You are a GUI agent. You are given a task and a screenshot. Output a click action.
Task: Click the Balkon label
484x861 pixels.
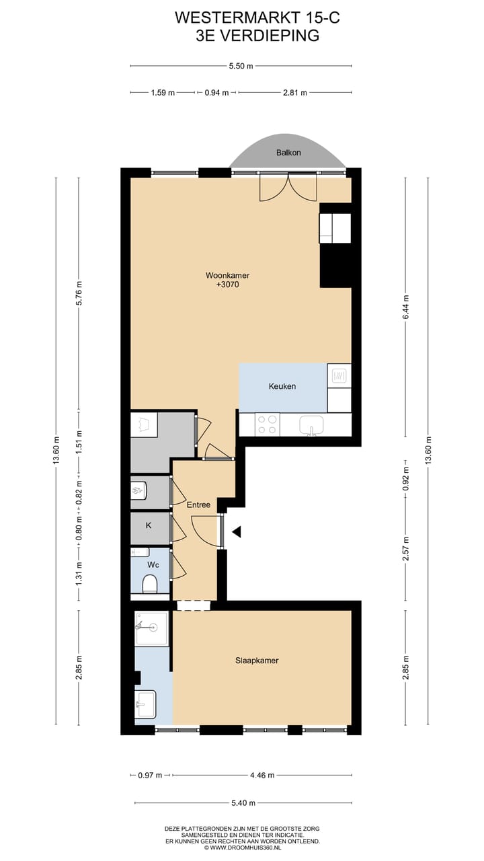tap(288, 153)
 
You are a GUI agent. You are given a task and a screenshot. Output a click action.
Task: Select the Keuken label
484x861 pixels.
tap(282, 386)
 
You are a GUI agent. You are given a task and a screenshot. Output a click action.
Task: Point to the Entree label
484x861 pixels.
tap(198, 504)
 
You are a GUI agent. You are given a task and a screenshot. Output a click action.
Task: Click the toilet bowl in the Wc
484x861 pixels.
tap(150, 584)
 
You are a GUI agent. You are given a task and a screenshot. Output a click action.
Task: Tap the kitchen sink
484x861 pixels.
tap(311, 425)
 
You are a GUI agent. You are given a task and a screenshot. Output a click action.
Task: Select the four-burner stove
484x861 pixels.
tap(267, 424)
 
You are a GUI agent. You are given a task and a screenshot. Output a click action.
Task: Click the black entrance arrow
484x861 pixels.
tap(236, 532)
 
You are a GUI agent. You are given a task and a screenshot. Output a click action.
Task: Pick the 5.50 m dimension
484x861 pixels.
tap(241, 66)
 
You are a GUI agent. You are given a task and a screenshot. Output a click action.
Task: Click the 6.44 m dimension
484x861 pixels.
tap(405, 307)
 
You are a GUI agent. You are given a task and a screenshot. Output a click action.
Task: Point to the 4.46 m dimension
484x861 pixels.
tap(261, 775)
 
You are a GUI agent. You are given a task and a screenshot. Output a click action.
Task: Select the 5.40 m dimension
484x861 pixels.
tap(241, 802)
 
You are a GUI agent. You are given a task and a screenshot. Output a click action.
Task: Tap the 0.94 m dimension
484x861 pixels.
tap(216, 93)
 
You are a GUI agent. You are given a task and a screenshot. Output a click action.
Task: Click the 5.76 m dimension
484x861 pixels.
tap(79, 293)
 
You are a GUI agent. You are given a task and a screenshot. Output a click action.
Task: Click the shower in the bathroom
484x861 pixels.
tap(150, 628)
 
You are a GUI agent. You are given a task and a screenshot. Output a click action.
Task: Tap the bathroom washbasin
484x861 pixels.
tap(145, 704)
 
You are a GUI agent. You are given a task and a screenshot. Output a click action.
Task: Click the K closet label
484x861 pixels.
tap(149, 525)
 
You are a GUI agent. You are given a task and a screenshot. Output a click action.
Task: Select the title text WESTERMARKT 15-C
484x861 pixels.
tap(257, 18)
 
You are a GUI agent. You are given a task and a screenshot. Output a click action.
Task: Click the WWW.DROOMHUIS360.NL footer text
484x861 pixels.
tap(242, 848)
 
